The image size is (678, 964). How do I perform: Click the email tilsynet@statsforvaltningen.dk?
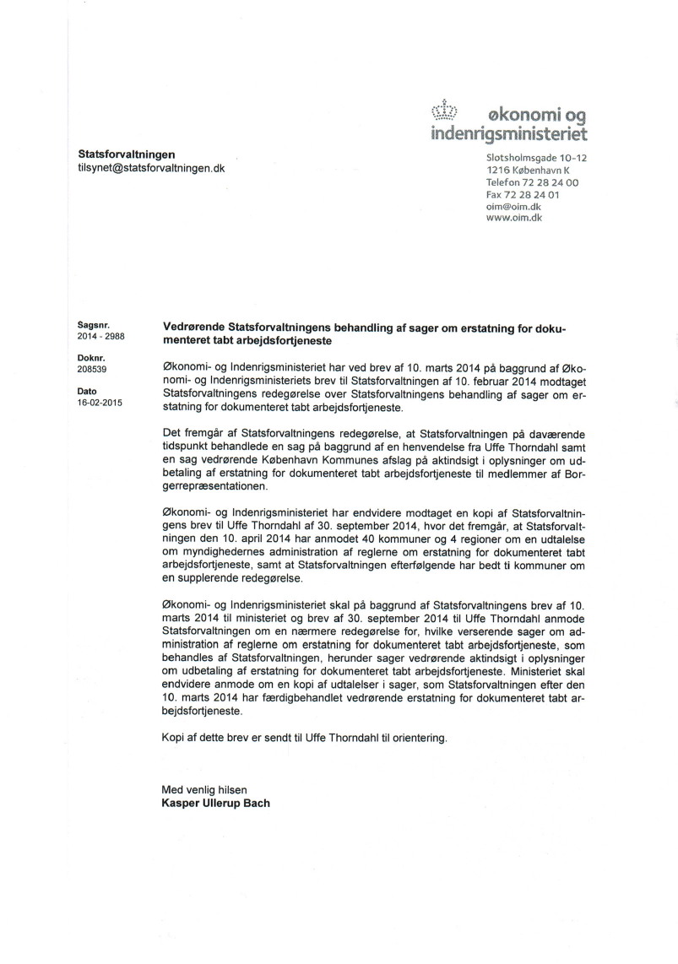tap(151, 168)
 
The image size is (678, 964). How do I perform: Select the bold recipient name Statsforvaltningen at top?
tap(127, 154)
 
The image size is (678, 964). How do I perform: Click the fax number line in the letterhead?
tap(523, 194)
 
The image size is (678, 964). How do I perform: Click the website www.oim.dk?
tap(514, 218)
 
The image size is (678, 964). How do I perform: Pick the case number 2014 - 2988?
tap(101, 335)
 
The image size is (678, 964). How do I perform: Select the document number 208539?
tap(93, 369)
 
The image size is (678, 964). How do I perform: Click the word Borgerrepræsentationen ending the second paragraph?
tap(217, 487)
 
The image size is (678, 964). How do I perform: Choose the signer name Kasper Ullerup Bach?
tap(215, 803)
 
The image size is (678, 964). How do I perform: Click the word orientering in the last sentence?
tap(414, 738)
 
